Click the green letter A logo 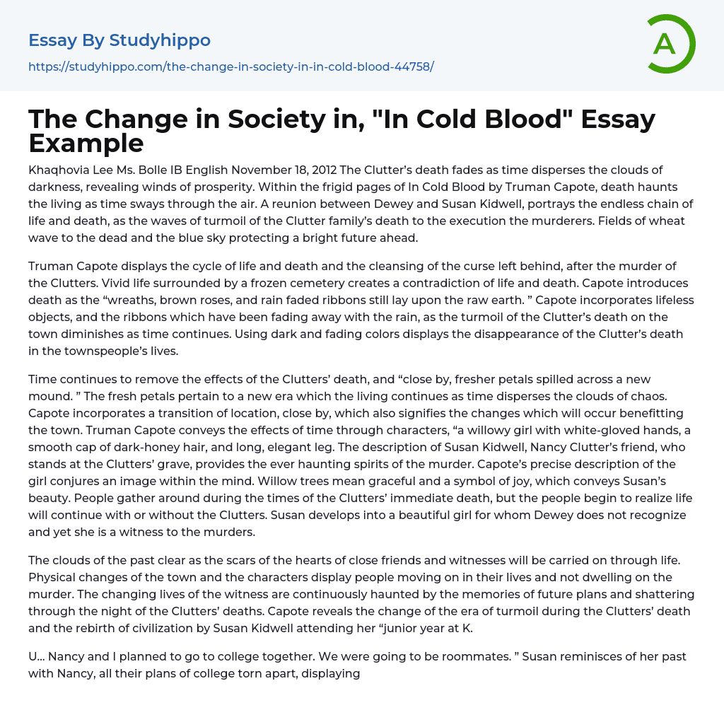[x=670, y=43]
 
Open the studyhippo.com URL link [x=230, y=67]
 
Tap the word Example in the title [x=86, y=143]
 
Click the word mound [x=49, y=396]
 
